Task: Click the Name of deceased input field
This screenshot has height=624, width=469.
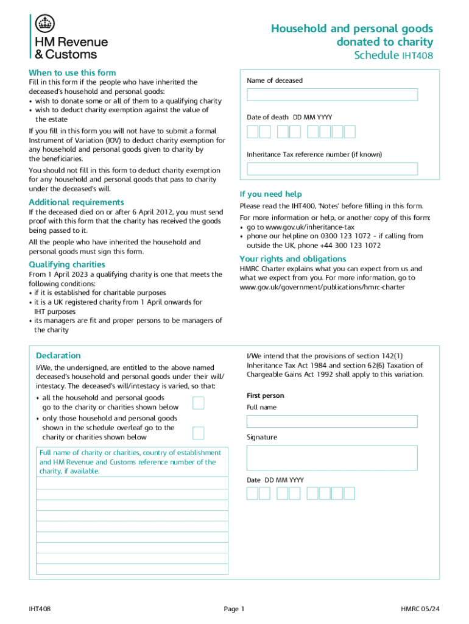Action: coord(332,95)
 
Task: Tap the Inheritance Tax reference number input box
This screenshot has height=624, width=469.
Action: coord(332,169)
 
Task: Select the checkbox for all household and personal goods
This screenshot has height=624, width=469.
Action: coord(198,402)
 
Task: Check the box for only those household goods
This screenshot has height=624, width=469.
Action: coord(198,433)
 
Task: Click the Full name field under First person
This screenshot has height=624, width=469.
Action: coord(332,421)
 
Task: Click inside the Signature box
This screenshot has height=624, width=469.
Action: coord(332,458)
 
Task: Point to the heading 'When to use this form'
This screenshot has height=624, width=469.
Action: coord(72,73)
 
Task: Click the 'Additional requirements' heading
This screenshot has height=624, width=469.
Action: coord(76,202)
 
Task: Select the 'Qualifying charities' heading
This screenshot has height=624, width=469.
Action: coord(67,264)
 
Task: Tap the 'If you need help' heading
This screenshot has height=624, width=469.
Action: coord(270,194)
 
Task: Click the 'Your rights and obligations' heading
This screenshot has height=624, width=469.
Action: coord(293,259)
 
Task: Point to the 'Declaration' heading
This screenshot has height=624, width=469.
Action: coord(58,355)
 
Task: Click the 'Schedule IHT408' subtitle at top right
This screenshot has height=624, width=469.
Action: coord(393,56)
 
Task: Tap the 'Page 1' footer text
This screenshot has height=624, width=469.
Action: coord(234,609)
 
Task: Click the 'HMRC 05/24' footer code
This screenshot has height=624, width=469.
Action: coord(420,609)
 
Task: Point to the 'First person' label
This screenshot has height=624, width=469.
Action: coord(265,395)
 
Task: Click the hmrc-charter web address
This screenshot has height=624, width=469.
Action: coord(322,287)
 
